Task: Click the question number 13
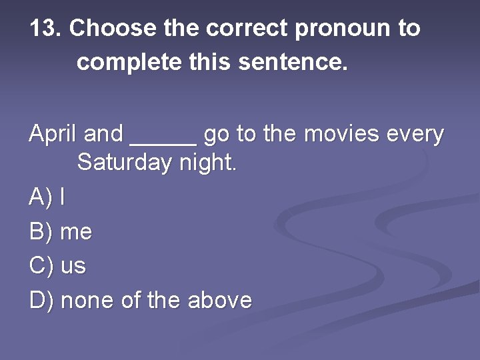[x=45, y=29]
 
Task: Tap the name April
[x=53, y=135]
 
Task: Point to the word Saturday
[x=125, y=163]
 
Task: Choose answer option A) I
[x=47, y=197]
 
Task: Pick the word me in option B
[x=76, y=232]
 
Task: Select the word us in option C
[x=73, y=267]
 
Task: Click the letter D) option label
[x=41, y=301]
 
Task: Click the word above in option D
[x=220, y=301]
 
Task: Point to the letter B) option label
[x=41, y=232]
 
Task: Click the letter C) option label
[x=41, y=266]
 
